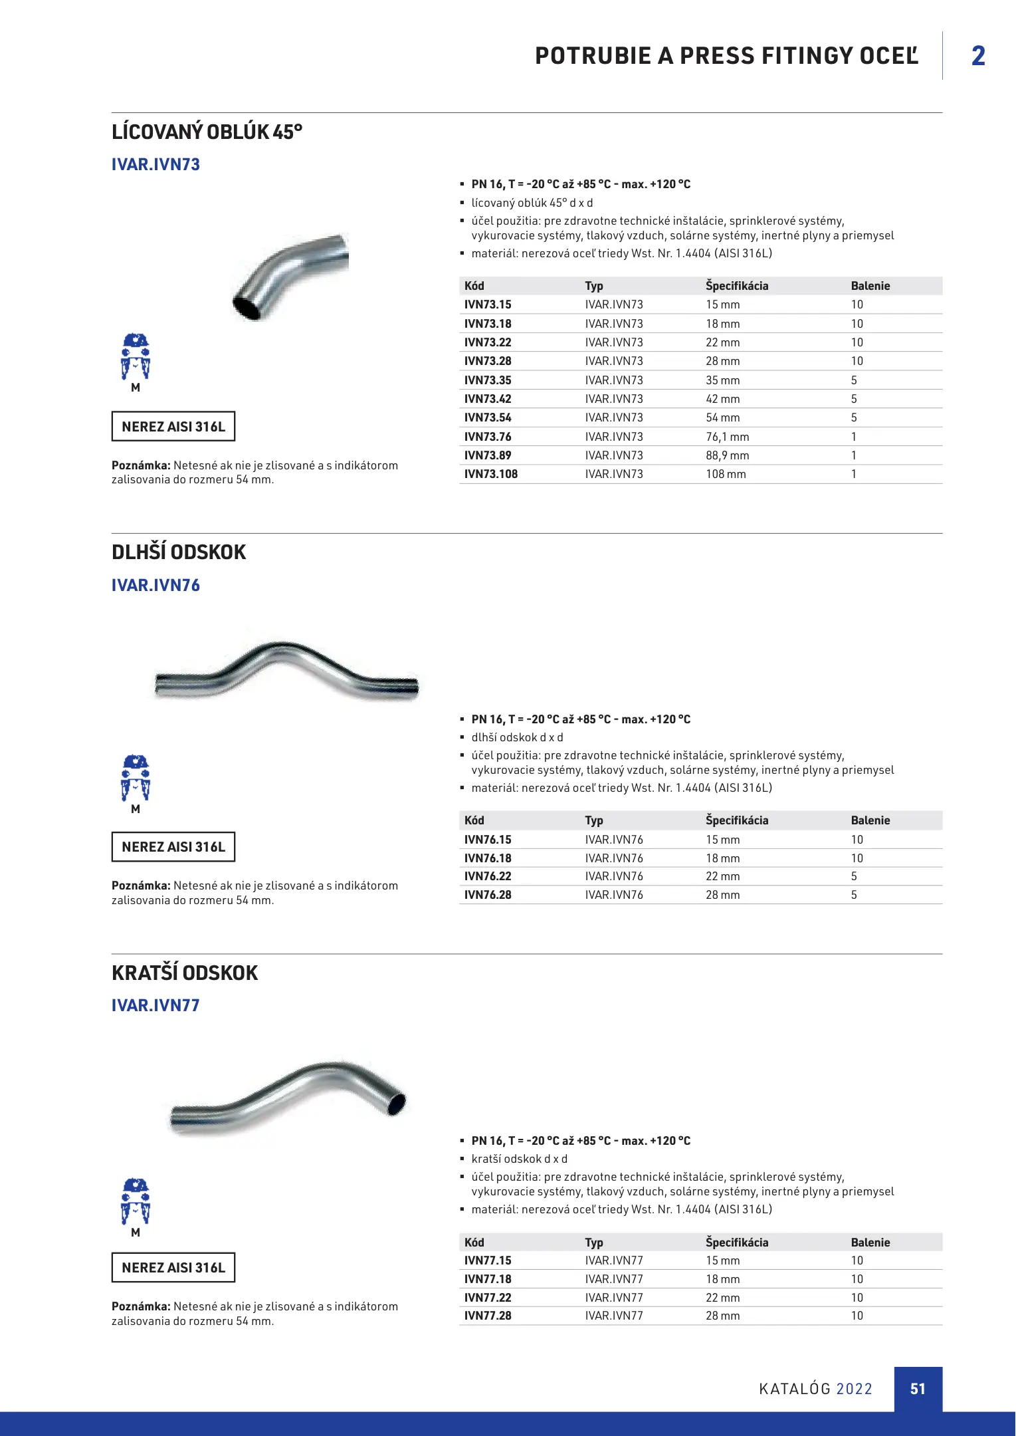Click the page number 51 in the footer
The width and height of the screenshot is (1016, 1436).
click(918, 1389)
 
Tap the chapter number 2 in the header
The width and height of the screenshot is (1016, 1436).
click(977, 56)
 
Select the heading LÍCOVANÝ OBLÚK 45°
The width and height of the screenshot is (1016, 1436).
click(207, 132)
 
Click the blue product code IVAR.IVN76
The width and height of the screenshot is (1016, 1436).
click(155, 585)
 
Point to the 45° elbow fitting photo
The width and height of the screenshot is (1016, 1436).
click(291, 275)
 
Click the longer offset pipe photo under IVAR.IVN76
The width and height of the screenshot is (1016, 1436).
click(286, 670)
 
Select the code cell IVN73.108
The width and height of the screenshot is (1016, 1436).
click(490, 474)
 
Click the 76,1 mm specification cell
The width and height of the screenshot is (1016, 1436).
click(727, 437)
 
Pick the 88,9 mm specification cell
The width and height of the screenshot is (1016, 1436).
click(727, 455)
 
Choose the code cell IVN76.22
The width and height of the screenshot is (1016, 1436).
click(488, 876)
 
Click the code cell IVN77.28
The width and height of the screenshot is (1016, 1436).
click(488, 1316)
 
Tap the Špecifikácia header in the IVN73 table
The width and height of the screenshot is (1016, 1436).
click(736, 286)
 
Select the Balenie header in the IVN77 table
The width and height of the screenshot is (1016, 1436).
click(870, 1243)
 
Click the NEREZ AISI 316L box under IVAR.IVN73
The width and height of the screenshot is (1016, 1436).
click(173, 427)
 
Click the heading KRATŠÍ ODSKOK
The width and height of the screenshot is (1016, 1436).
click(185, 973)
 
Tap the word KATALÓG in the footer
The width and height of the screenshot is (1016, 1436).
click(795, 1389)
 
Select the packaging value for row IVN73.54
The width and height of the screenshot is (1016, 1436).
click(854, 418)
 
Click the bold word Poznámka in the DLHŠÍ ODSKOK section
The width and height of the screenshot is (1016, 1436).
click(141, 886)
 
